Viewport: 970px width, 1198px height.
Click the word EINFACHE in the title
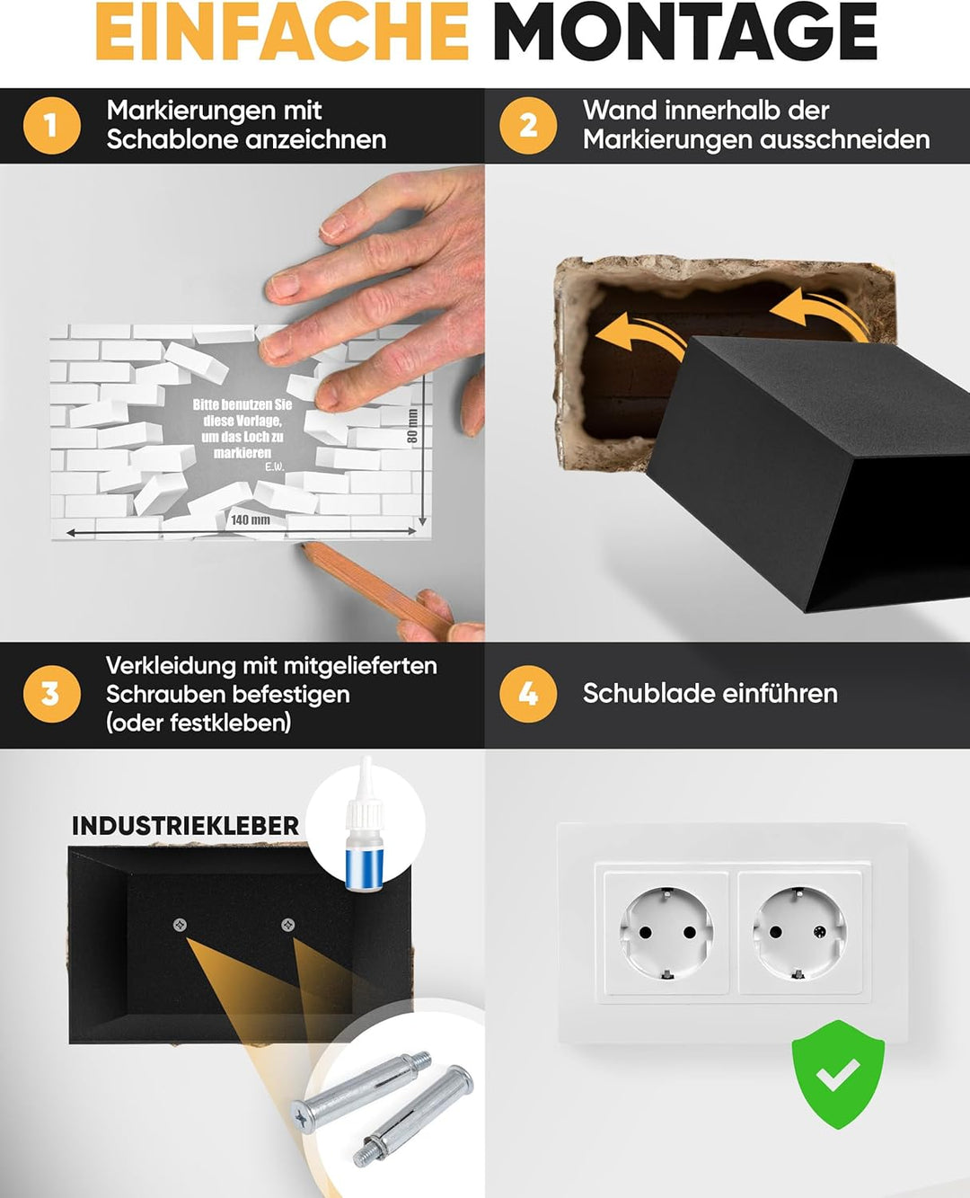(x=282, y=31)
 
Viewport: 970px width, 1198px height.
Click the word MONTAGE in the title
(x=685, y=31)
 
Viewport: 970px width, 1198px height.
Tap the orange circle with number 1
(x=52, y=126)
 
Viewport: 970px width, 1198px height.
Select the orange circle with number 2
(x=528, y=126)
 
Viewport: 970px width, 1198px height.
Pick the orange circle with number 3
(x=52, y=694)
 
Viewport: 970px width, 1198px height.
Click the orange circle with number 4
(x=528, y=694)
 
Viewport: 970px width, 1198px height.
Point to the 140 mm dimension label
(x=251, y=519)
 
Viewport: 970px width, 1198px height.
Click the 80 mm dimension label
(x=412, y=426)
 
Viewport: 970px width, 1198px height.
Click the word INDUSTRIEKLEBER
(x=185, y=826)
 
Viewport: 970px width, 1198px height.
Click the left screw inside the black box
(x=180, y=924)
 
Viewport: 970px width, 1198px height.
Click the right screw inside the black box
(x=287, y=924)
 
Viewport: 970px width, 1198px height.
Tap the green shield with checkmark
(x=838, y=1075)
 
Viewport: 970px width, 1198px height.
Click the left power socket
(x=666, y=933)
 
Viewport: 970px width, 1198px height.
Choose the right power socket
(x=799, y=933)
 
